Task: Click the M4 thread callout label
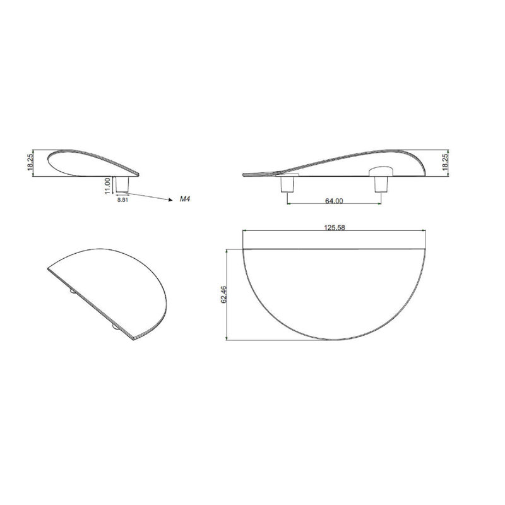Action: tap(185, 199)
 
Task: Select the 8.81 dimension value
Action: tap(122, 200)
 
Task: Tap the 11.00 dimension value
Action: tap(107, 186)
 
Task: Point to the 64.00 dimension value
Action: tap(334, 201)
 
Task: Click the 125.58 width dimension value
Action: tap(334, 227)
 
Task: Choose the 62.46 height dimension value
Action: tap(224, 294)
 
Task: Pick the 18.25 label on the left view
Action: tap(30, 162)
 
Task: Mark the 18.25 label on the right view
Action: tap(445, 162)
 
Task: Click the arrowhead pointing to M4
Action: tap(170, 199)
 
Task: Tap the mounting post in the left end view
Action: tap(122, 184)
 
